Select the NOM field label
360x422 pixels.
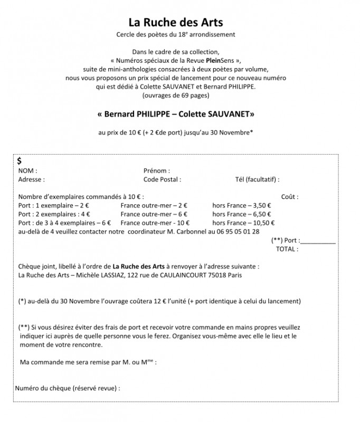point(27,171)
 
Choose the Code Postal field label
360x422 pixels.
point(162,179)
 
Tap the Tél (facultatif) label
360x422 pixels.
point(257,179)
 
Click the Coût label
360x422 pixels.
point(290,197)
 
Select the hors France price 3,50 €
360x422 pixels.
point(261,206)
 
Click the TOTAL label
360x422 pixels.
point(288,248)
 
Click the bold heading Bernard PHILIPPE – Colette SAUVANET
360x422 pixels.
point(176,114)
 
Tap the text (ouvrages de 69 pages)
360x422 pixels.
point(176,95)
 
